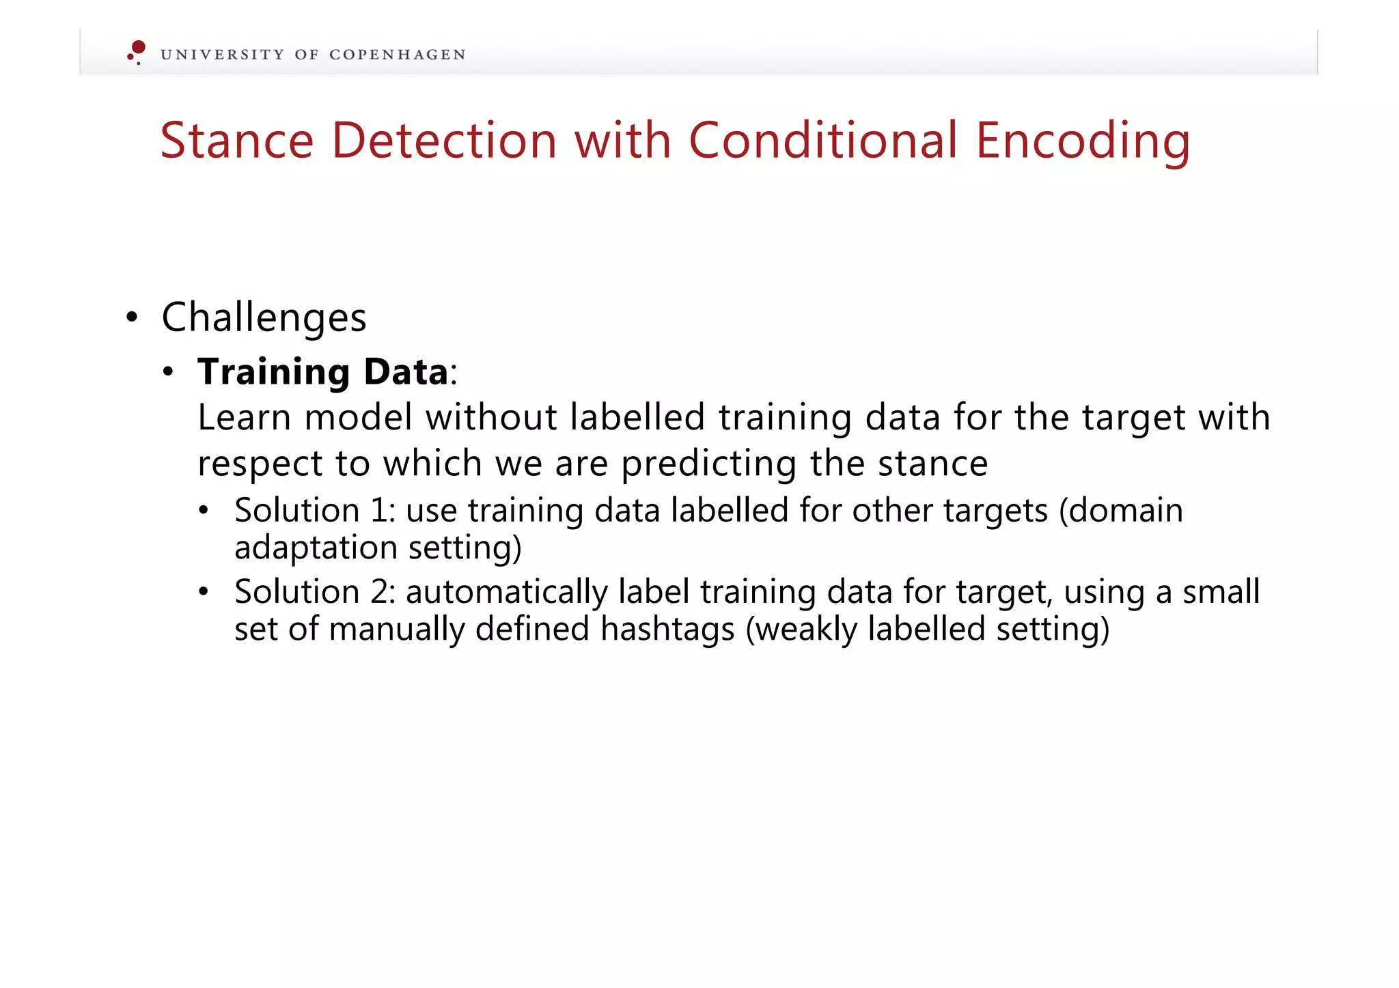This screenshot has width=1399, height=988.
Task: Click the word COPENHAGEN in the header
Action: [x=397, y=55]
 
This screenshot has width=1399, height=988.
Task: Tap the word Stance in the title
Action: [x=236, y=141]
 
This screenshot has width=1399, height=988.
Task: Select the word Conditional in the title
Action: [x=822, y=141]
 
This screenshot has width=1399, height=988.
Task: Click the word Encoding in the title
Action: [x=1083, y=141]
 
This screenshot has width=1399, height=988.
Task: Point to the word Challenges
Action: [x=264, y=318]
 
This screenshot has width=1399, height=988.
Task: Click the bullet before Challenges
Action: [x=133, y=318]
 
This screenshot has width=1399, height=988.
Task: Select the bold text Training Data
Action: [x=322, y=372]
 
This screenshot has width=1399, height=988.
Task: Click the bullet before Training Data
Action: [x=169, y=373]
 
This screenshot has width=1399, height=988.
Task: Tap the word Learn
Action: [x=244, y=417]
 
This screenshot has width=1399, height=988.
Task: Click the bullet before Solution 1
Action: [x=204, y=511]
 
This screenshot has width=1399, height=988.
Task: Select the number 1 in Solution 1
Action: [x=380, y=511]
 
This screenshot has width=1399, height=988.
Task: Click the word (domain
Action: [x=1120, y=511]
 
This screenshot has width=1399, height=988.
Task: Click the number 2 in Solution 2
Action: [x=380, y=592]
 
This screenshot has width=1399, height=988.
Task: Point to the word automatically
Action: [x=506, y=592]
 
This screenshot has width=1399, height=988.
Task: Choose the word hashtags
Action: [x=667, y=629]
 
